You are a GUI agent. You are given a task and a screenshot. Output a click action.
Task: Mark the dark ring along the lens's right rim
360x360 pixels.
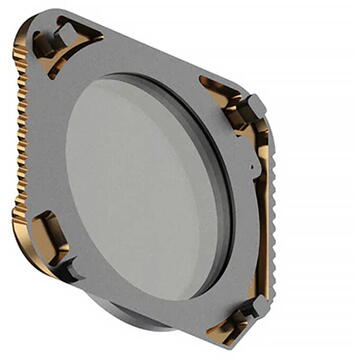[226, 200]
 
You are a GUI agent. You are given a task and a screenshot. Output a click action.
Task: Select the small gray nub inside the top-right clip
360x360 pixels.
[254, 105]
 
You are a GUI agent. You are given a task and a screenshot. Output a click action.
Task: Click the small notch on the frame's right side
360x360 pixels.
[251, 165]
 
